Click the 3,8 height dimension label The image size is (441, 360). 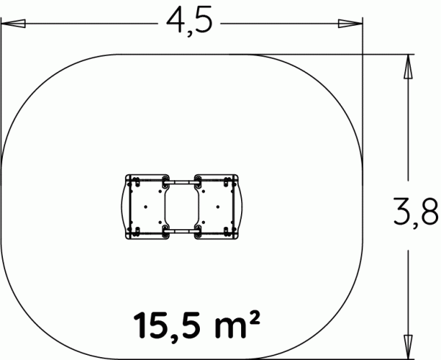tap(416, 212)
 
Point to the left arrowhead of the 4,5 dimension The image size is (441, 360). tap(13, 24)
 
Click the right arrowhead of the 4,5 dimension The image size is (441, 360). tap(350, 24)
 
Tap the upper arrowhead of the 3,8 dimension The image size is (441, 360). tap(408, 66)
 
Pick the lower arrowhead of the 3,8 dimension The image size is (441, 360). tap(408, 347)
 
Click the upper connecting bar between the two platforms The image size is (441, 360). tap(182, 182)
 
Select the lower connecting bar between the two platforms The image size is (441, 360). tap(182, 231)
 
